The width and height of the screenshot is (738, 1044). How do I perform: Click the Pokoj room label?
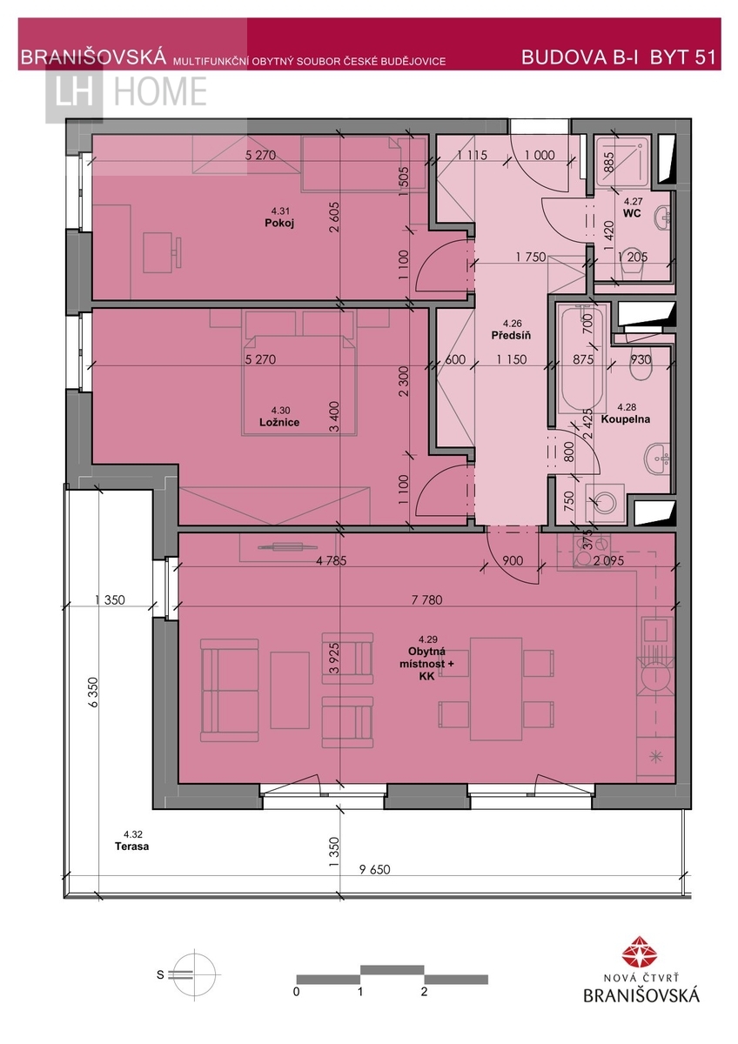pyautogui.click(x=279, y=223)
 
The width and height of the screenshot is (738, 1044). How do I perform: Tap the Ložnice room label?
pyautogui.click(x=279, y=422)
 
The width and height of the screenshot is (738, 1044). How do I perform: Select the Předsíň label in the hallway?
pyautogui.click(x=511, y=336)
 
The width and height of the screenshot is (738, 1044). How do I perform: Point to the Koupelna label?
pyautogui.click(x=626, y=419)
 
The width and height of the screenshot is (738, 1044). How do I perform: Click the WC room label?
pyautogui.click(x=632, y=213)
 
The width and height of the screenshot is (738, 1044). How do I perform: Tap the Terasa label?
pyautogui.click(x=132, y=847)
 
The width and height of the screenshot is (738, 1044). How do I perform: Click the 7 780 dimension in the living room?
pyautogui.click(x=427, y=599)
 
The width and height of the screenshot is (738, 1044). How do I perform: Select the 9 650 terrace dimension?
pyautogui.click(x=374, y=869)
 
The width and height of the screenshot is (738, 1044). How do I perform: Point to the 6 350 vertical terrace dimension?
pyautogui.click(x=94, y=693)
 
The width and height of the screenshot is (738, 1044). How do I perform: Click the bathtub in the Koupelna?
pyautogui.click(x=583, y=358)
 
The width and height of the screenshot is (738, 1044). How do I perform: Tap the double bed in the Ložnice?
pyautogui.click(x=299, y=373)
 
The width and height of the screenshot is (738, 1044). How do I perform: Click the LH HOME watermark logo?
pyautogui.click(x=126, y=92)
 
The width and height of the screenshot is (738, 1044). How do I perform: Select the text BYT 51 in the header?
pyautogui.click(x=682, y=57)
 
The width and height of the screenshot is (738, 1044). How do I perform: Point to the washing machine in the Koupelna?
pyautogui.click(x=605, y=503)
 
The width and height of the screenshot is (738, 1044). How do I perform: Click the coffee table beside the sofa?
pyautogui.click(x=290, y=690)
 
